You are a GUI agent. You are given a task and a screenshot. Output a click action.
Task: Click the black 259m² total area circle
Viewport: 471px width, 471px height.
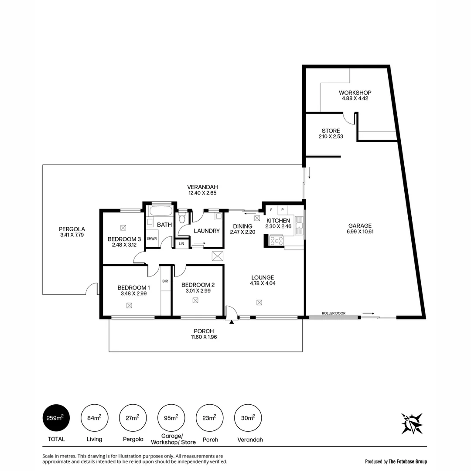[56, 418]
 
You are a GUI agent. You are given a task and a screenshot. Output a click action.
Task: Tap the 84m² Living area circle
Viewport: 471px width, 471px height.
[94, 418]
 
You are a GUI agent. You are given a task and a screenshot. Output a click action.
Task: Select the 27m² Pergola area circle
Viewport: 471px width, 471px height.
[133, 418]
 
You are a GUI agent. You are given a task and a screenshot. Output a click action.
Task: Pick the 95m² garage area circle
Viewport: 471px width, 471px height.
[171, 418]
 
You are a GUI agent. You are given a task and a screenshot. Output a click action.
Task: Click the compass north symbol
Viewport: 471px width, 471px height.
[412, 423]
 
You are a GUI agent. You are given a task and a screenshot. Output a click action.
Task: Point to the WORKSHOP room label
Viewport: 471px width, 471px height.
[355, 92]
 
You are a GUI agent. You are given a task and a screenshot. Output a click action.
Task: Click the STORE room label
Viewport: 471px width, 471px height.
[331, 131]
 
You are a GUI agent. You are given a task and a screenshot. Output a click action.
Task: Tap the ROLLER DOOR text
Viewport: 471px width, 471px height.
[333, 313]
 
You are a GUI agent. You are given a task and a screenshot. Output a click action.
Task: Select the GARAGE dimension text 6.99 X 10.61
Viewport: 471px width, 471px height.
[360, 232]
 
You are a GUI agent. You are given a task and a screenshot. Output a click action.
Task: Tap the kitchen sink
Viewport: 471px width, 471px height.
[299, 226]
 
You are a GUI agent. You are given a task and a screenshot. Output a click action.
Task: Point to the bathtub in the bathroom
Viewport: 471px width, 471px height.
[160, 212]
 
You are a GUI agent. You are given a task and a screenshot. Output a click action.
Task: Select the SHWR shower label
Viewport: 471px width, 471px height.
[151, 239]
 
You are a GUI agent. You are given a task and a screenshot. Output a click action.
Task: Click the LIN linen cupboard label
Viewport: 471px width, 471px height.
[181, 243]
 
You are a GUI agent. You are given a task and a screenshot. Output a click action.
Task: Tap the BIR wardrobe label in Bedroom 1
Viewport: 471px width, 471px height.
[165, 281]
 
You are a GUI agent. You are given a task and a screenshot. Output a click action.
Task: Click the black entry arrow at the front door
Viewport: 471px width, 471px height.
[232, 322]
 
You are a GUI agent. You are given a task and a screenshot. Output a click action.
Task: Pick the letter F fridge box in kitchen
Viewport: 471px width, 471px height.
[271, 210]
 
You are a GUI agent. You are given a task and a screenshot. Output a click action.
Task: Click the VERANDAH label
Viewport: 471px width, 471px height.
[202, 187]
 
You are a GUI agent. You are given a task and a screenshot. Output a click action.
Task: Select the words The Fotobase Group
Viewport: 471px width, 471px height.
[408, 461]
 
